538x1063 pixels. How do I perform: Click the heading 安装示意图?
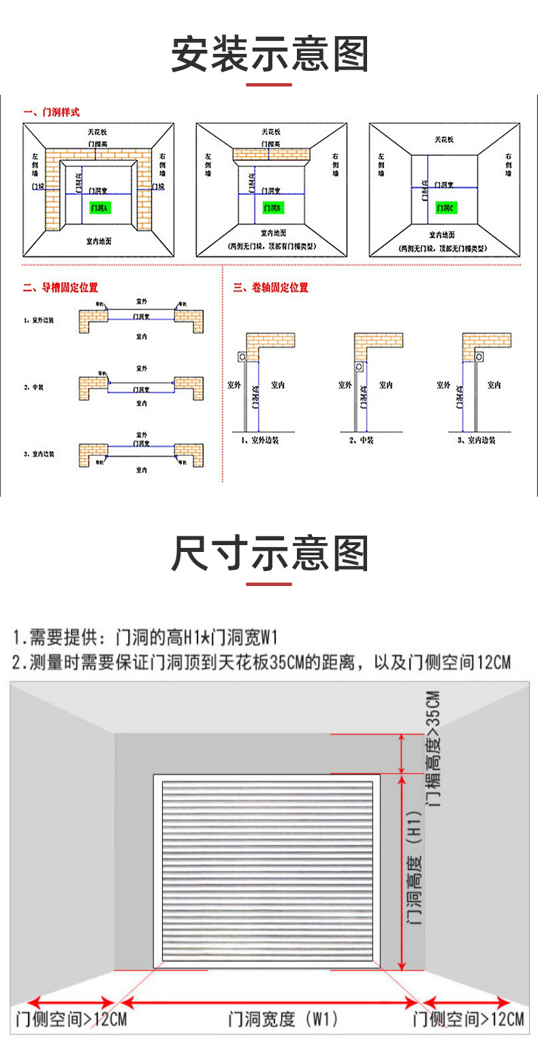269,55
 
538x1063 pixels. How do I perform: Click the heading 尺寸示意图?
269,553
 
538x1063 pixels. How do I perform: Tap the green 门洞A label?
99,207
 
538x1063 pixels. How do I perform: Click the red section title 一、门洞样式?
51,112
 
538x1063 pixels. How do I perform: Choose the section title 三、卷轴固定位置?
270,288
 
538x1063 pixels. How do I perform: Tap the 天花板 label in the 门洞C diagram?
445,140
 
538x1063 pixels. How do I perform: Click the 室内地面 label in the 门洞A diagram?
99,241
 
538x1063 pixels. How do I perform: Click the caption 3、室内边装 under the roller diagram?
476,441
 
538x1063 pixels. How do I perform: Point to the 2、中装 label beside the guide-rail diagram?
34,388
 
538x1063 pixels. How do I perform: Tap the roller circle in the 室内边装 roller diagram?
480,356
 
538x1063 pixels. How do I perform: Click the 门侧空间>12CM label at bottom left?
71,1020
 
